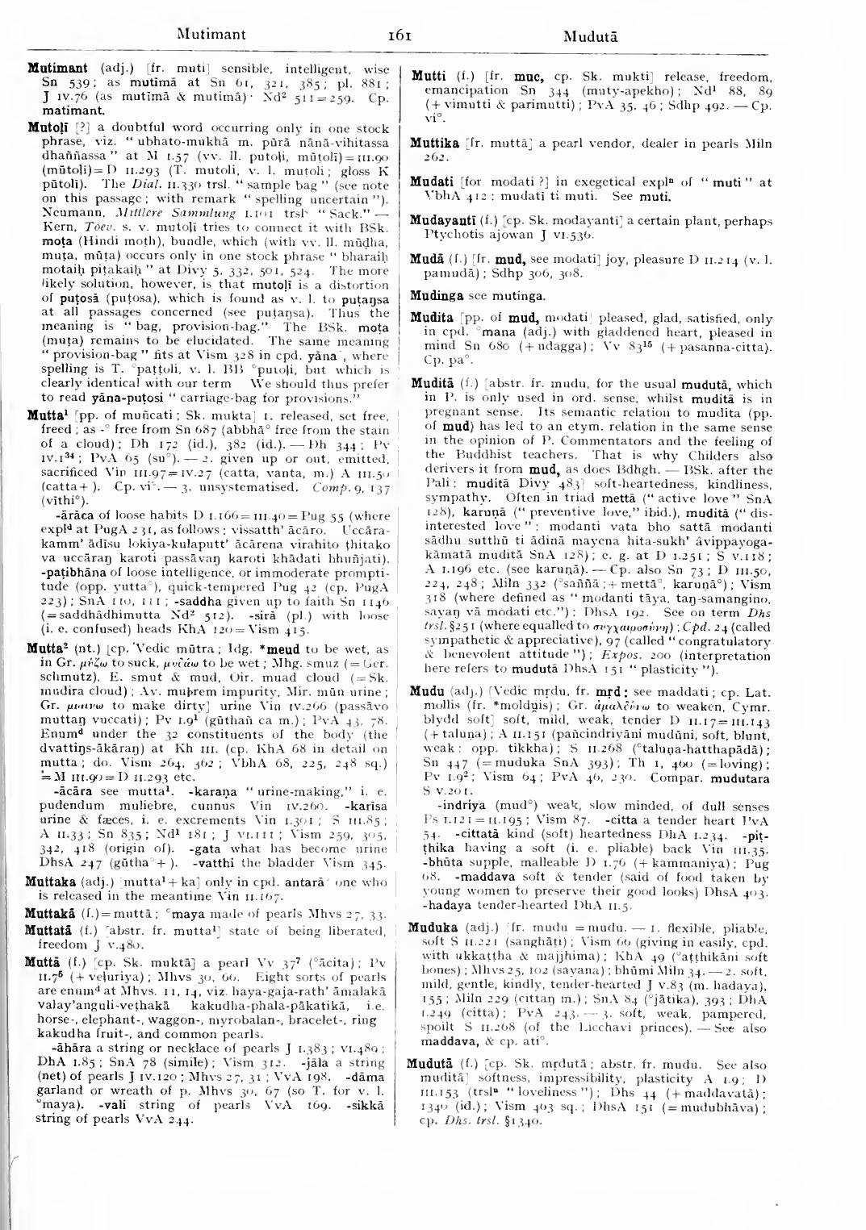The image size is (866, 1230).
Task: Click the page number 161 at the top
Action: pyautogui.click(x=401, y=35)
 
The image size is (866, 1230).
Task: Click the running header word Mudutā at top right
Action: pyautogui.click(x=591, y=36)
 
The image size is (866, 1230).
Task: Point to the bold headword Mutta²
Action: pyautogui.click(x=46, y=626)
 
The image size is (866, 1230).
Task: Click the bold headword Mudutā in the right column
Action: pyautogui.click(x=434, y=1064)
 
